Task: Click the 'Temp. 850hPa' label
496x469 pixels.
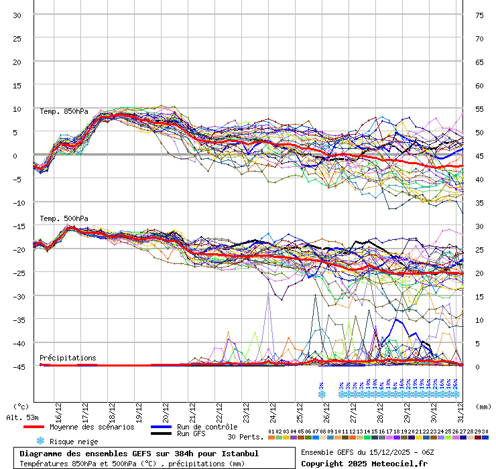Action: click(x=64, y=111)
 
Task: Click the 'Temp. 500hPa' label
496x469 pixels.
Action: click(x=64, y=218)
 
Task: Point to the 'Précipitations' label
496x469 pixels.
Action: click(x=68, y=358)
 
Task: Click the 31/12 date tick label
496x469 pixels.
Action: click(x=460, y=409)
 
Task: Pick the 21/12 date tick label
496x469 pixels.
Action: click(x=192, y=409)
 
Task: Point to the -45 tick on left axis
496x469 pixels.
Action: click(x=17, y=366)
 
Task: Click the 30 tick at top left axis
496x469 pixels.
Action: click(x=17, y=15)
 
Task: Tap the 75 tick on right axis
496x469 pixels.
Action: click(x=479, y=15)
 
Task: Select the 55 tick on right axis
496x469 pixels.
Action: click(x=479, y=109)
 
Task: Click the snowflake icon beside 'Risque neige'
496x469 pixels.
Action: click(x=40, y=441)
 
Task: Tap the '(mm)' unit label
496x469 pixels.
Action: click(x=483, y=406)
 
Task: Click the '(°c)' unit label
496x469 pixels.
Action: click(x=21, y=406)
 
